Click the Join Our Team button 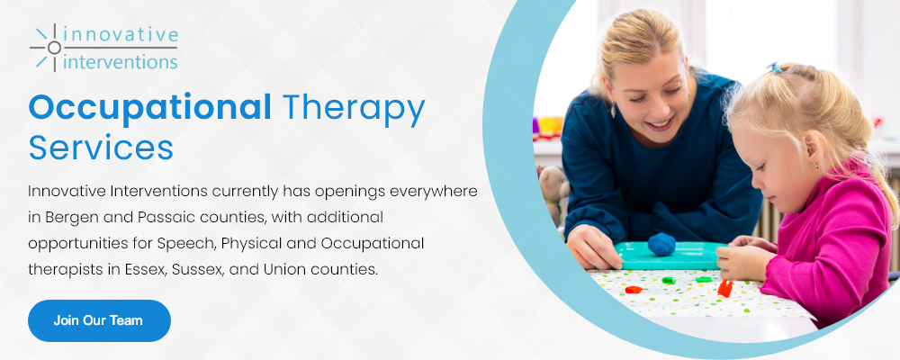99,320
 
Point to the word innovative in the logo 121,34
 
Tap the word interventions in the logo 121,61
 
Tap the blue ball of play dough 661,244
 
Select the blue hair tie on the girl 775,67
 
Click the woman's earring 613,109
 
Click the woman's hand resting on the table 594,246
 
